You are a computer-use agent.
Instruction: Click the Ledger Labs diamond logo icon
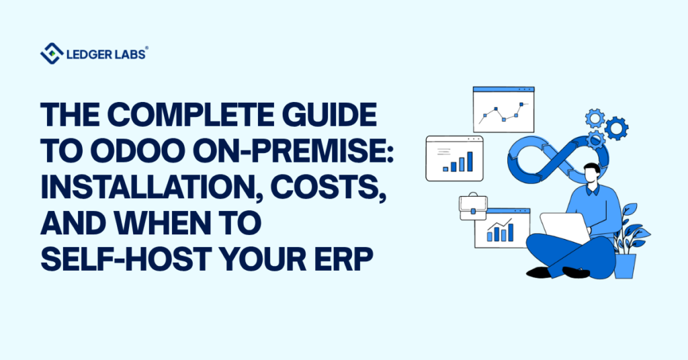coord(52,53)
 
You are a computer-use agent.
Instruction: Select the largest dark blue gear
coord(615,127)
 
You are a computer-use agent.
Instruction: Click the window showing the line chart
coord(503,109)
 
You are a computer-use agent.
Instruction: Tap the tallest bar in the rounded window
coord(470,161)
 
